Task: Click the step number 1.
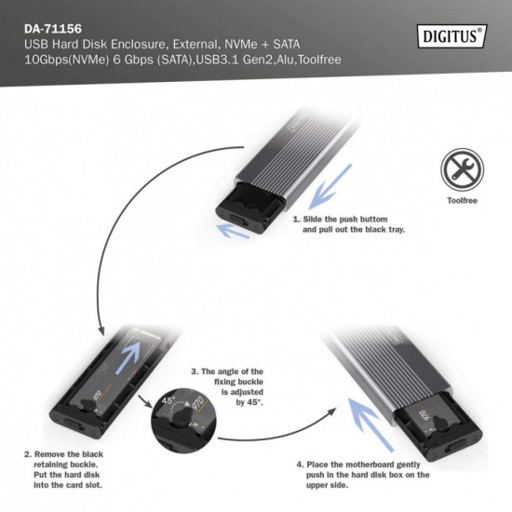coord(295,220)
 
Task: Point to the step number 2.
coord(26,453)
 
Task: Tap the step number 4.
coord(299,463)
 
